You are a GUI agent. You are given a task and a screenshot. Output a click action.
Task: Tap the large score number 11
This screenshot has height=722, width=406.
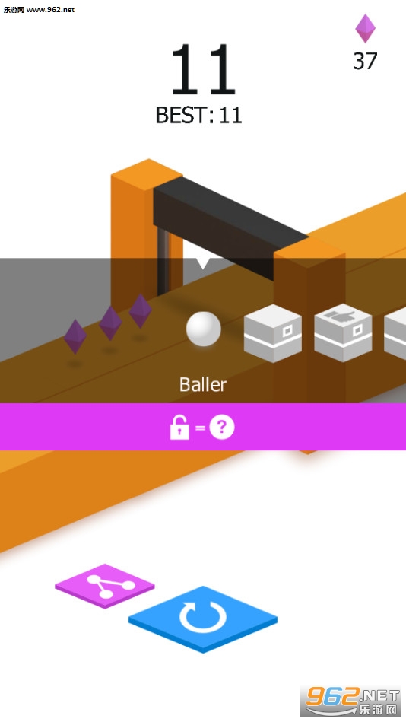203,69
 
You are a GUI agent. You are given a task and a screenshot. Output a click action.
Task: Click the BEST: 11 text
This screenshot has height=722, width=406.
199,115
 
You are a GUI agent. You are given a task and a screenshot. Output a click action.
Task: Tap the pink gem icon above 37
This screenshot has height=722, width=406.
365,29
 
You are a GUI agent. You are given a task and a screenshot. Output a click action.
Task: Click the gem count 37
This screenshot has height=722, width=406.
365,61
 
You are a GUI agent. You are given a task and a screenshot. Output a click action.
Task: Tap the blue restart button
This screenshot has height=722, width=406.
203,619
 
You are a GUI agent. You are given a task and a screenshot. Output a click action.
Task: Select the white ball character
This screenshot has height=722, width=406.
204,329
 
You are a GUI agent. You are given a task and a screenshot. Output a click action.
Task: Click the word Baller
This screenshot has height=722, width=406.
203,384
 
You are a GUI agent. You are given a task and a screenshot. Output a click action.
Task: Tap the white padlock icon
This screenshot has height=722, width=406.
179,428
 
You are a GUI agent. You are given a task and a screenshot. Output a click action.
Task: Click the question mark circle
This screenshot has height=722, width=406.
222,428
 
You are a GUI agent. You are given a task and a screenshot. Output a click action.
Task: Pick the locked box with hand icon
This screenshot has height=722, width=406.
343,332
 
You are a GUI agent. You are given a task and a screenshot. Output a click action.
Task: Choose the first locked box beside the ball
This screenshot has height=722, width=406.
272,333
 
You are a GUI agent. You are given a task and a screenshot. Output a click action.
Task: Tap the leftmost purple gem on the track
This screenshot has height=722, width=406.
75,336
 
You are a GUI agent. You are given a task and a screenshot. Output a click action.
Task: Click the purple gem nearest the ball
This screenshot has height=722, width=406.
141,311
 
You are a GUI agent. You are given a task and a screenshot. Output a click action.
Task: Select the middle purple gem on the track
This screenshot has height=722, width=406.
110,323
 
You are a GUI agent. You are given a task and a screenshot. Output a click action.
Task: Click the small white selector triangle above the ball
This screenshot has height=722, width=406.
202,263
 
